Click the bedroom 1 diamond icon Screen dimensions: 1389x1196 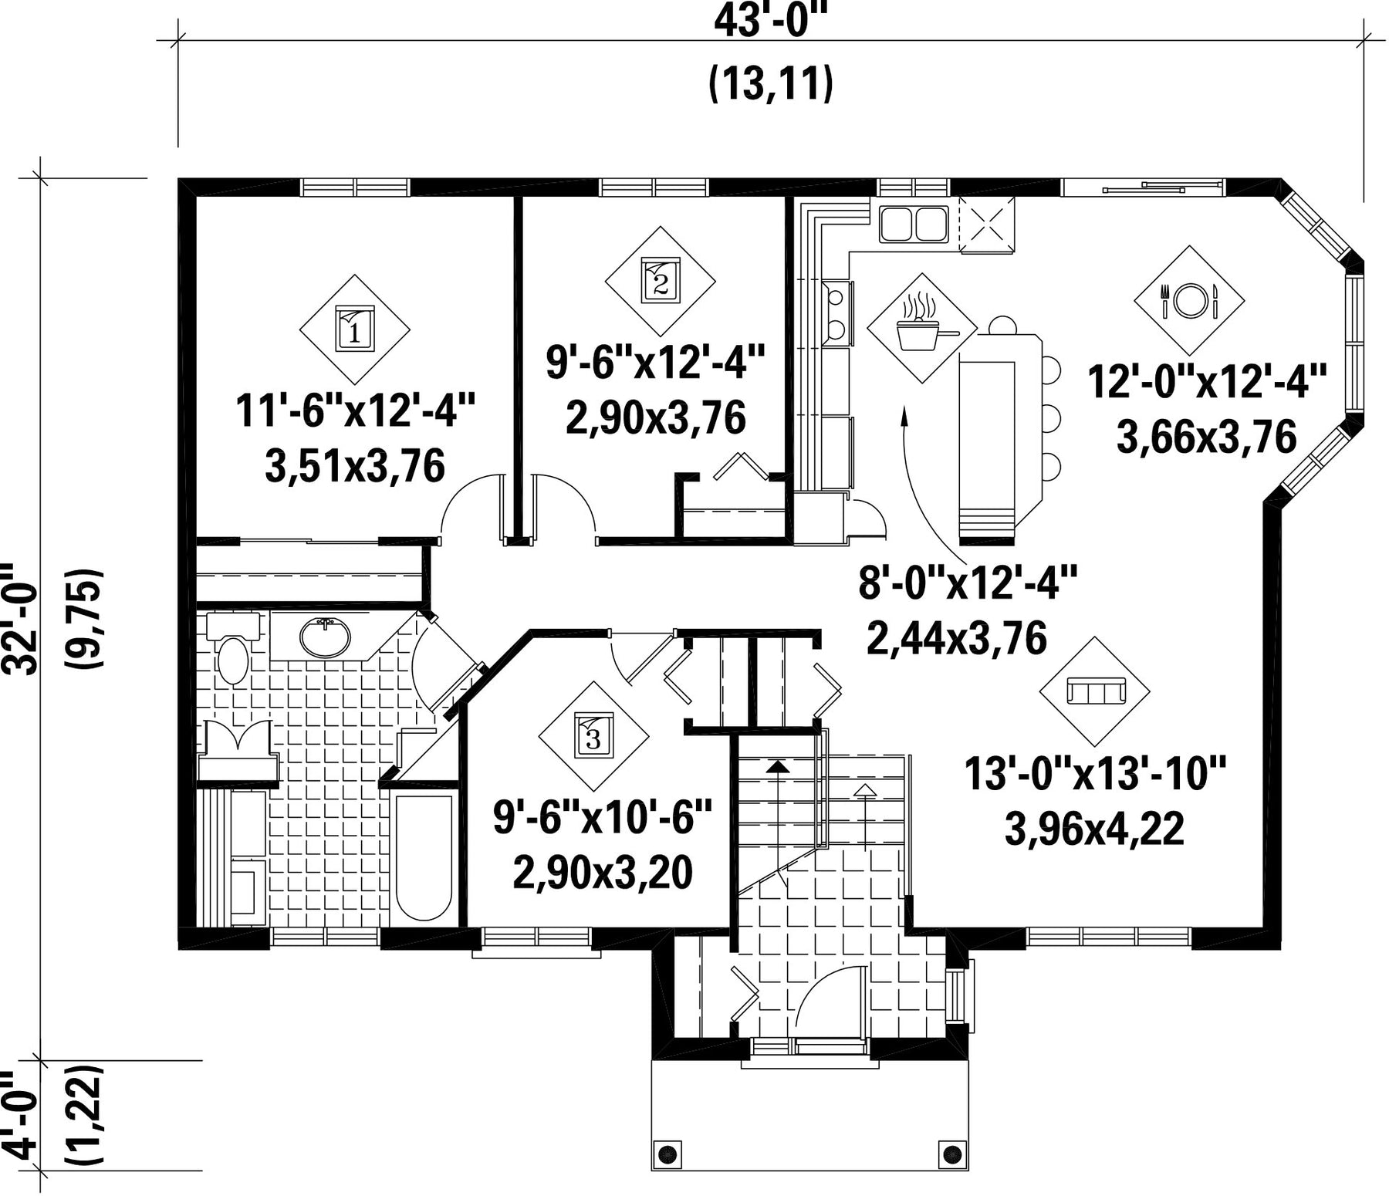[x=354, y=329]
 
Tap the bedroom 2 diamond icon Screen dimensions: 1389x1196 [x=660, y=282]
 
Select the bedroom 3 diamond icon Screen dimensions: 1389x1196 [x=593, y=736]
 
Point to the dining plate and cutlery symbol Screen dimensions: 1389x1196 [x=1189, y=301]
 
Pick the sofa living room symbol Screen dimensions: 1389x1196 [x=1095, y=691]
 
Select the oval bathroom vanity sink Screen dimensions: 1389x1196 [x=325, y=637]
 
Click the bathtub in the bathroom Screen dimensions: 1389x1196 [x=424, y=857]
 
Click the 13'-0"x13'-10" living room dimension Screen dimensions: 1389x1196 [x=1095, y=773]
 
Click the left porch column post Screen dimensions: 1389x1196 [x=668, y=1155]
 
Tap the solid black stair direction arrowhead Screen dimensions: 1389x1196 [x=778, y=766]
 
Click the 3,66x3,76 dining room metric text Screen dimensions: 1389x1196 [x=1206, y=438]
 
